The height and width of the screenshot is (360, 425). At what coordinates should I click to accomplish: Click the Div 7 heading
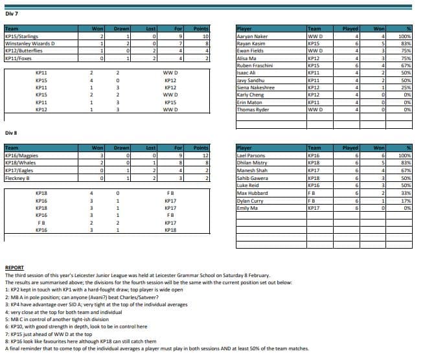click(11, 14)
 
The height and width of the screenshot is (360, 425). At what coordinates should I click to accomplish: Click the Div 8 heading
click(11, 133)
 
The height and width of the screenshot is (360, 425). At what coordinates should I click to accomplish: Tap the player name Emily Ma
click(247, 208)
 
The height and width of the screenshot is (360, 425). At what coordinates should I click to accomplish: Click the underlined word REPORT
click(14, 267)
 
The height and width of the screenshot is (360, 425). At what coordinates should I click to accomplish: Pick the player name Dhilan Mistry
click(252, 163)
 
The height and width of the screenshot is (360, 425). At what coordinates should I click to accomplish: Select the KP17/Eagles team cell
click(19, 171)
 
